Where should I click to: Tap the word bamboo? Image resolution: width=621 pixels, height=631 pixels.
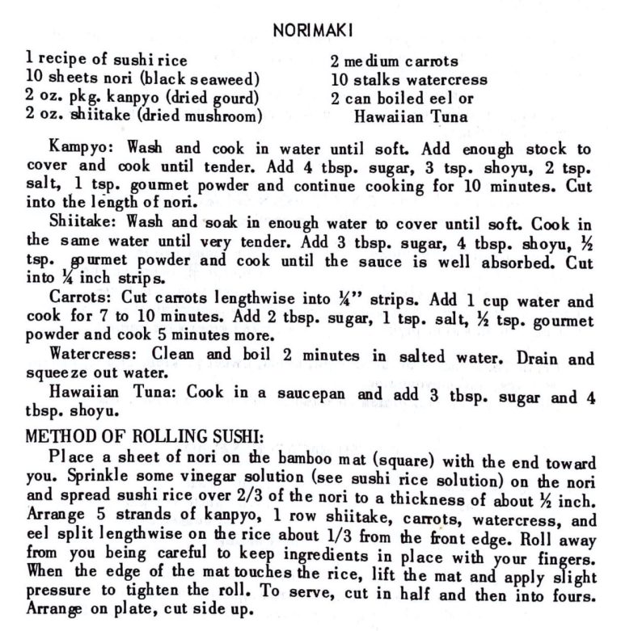pos(316,455)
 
